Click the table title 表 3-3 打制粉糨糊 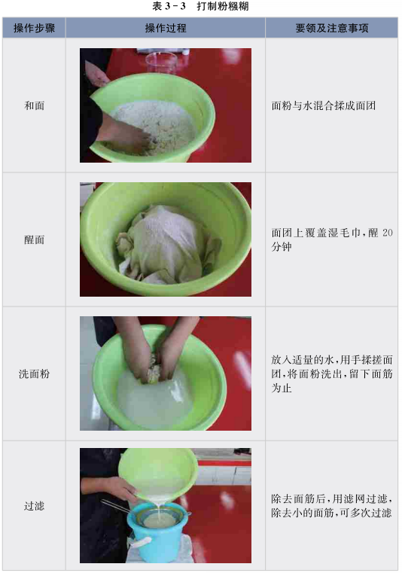(200, 6)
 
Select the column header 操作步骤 (34, 28)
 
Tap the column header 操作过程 (166, 28)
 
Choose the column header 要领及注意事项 (332, 28)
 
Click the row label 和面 (34, 105)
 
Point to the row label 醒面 (34, 239)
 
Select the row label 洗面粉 (34, 373)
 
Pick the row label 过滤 (34, 506)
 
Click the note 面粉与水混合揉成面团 (324, 105)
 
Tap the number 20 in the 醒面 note (388, 233)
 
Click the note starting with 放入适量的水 (332, 373)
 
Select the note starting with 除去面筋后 (332, 506)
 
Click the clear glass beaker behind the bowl (161, 62)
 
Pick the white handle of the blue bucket (141, 541)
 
